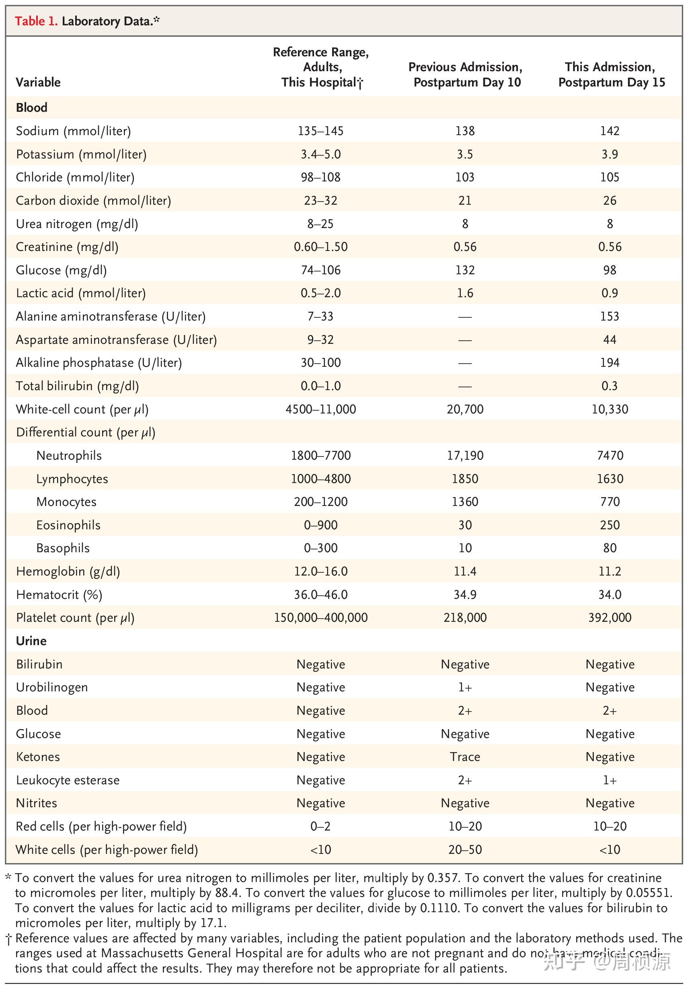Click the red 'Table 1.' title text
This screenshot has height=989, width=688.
pyautogui.click(x=36, y=21)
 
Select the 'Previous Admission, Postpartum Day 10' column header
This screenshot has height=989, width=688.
pyautogui.click(x=465, y=74)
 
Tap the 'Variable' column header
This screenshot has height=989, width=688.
pyautogui.click(x=38, y=82)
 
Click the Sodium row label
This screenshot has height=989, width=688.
pyautogui.click(x=73, y=131)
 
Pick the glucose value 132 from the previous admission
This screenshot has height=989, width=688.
pyautogui.click(x=465, y=270)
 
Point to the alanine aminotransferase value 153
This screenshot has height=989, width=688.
pyautogui.click(x=610, y=316)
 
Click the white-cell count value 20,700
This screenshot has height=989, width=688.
pyautogui.click(x=465, y=409)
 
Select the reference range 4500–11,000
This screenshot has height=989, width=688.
pyautogui.click(x=321, y=409)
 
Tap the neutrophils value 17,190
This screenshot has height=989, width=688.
pyautogui.click(x=465, y=455)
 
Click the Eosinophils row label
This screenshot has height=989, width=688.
pyautogui.click(x=68, y=525)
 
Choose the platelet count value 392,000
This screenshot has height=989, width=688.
pyautogui.click(x=610, y=618)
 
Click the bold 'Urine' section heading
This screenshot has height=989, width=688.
pyautogui.click(x=31, y=641)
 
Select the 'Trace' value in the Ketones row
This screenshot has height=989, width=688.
pyautogui.click(x=465, y=757)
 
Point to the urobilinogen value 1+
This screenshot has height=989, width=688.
pyautogui.click(x=465, y=687)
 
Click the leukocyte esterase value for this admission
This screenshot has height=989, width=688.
pyautogui.click(x=610, y=780)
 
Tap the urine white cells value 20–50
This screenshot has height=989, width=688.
pyautogui.click(x=465, y=849)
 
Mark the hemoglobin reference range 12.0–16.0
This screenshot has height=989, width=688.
pyautogui.click(x=321, y=572)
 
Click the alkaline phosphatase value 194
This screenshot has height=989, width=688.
pyautogui.click(x=610, y=363)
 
